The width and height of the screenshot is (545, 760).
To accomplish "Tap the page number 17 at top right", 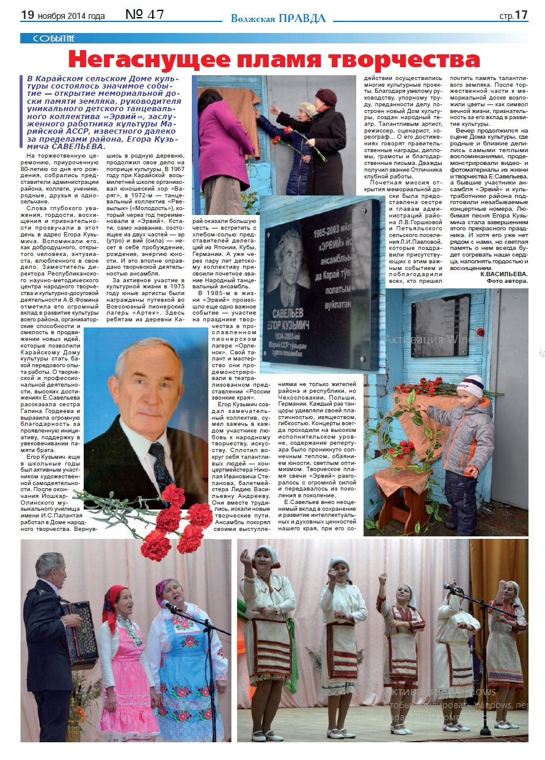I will point(521,15).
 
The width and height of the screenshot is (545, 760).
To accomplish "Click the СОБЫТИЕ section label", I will point(49,38).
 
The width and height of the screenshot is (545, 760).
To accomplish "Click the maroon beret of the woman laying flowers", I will point(326,97).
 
